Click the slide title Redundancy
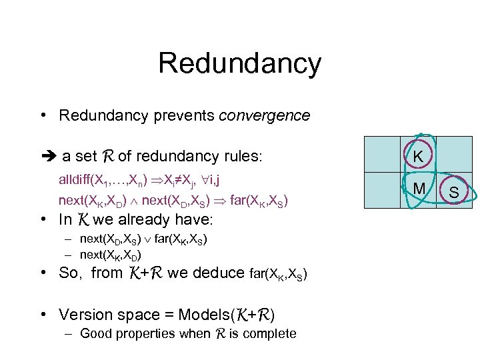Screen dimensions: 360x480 [x=239, y=63]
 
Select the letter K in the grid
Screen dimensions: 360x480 [x=418, y=157]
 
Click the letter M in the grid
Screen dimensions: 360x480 [x=419, y=190]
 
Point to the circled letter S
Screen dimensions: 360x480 [x=453, y=193]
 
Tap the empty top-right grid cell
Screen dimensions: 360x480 [x=453, y=157]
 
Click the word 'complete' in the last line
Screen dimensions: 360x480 [x=271, y=333]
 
